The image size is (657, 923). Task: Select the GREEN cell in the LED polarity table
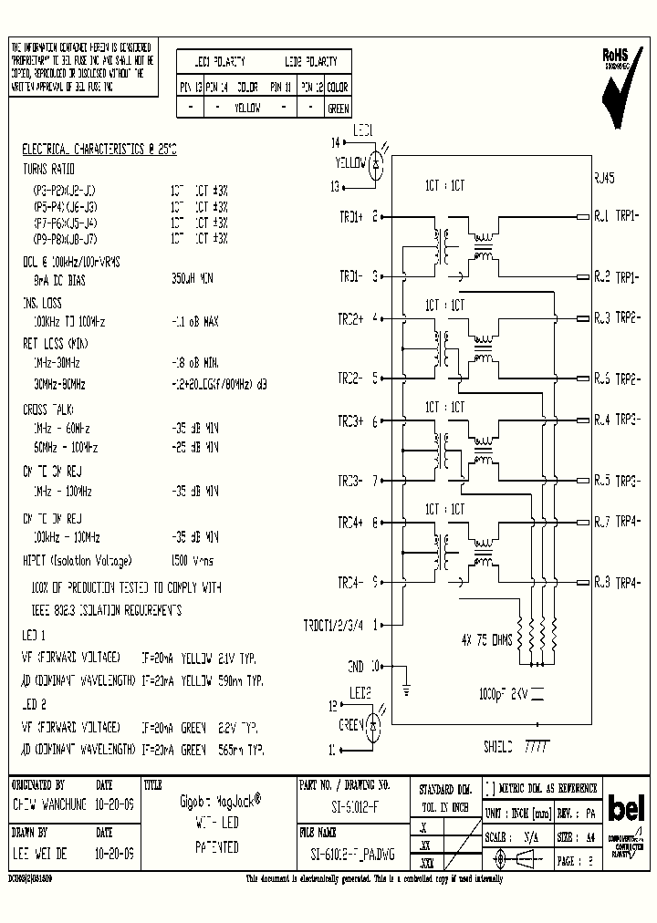coord(338,109)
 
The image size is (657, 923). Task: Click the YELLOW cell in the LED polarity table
coord(247,109)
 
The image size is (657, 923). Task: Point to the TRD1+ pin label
coord(351,217)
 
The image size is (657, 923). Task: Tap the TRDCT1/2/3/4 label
coord(333,626)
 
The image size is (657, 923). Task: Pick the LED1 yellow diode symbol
coord(380,163)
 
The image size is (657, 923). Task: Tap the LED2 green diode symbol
coord(373,726)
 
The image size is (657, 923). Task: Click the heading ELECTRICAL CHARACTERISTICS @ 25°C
coord(99,148)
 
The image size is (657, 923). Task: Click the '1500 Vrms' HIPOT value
coord(193,561)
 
